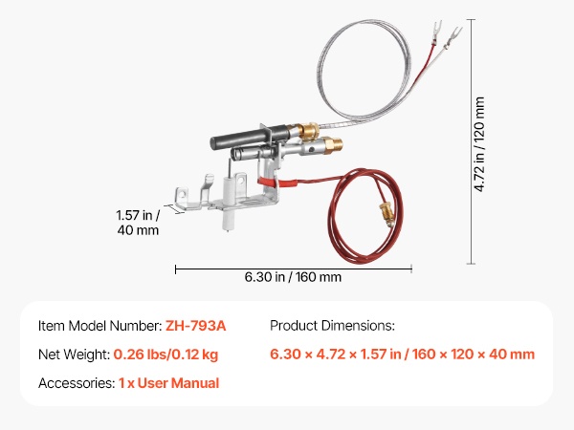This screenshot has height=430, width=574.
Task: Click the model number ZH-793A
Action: pyautogui.click(x=195, y=326)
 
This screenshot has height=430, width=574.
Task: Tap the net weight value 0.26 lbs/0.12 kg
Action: pyautogui.click(x=166, y=355)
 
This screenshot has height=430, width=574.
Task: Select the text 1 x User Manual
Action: pyautogui.click(x=168, y=383)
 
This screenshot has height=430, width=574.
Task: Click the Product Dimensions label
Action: pyautogui.click(x=332, y=326)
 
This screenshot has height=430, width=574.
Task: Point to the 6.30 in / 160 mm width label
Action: pyautogui.click(x=293, y=277)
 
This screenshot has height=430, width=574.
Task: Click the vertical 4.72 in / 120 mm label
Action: pyautogui.click(x=479, y=144)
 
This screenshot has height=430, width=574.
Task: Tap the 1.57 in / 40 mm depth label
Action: pyautogui.click(x=138, y=223)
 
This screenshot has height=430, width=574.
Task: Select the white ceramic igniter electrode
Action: pyautogui.click(x=228, y=203)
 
